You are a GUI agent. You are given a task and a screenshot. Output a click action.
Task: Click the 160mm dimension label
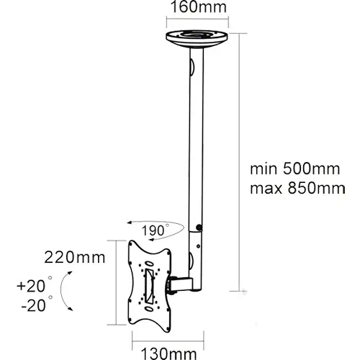[199, 7]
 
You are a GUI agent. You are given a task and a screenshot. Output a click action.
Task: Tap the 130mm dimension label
[168, 354]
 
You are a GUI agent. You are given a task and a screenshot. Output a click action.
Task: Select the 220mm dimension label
[75, 258]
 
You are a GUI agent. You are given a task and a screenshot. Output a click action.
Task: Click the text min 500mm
[295, 168]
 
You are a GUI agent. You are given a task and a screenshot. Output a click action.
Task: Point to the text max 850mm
[297, 188]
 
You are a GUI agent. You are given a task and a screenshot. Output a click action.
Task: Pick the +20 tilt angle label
[35, 285]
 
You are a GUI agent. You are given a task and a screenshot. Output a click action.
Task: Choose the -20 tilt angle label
[37, 305]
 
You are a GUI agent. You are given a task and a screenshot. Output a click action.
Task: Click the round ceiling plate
[197, 39]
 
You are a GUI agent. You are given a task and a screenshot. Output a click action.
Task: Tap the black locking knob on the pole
[199, 227]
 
